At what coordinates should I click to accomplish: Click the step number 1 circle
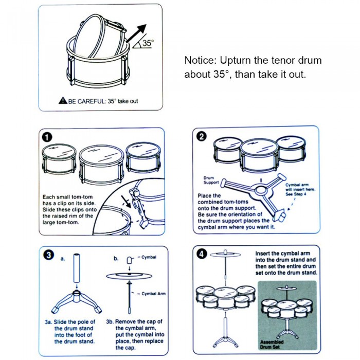[48, 137]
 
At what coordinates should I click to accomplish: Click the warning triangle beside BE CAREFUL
[62, 101]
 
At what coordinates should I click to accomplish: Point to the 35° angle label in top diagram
[147, 44]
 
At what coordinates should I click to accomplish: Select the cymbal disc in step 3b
[130, 276]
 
